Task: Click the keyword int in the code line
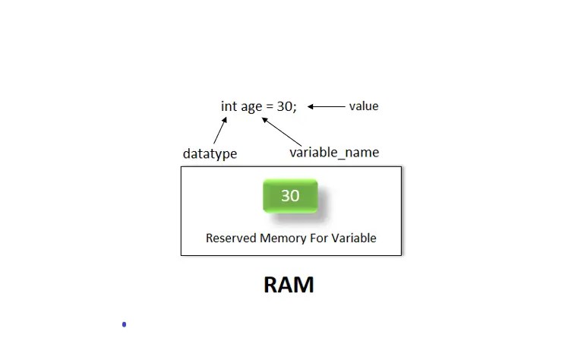click(x=229, y=106)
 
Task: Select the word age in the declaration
click(x=251, y=107)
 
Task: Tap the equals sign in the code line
click(x=269, y=106)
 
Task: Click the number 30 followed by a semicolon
click(x=286, y=106)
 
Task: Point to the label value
click(x=363, y=106)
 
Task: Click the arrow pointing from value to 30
click(x=327, y=106)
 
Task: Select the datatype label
click(x=210, y=153)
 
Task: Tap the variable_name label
click(x=333, y=153)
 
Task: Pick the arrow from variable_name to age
click(x=286, y=131)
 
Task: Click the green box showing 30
click(x=290, y=196)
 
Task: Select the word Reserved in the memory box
click(x=231, y=238)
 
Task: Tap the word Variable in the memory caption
click(x=354, y=238)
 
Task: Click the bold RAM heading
click(x=289, y=285)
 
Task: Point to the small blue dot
click(x=124, y=324)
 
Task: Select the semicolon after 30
click(x=295, y=108)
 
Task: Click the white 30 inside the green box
click(x=290, y=195)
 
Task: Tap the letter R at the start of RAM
click(x=271, y=285)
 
